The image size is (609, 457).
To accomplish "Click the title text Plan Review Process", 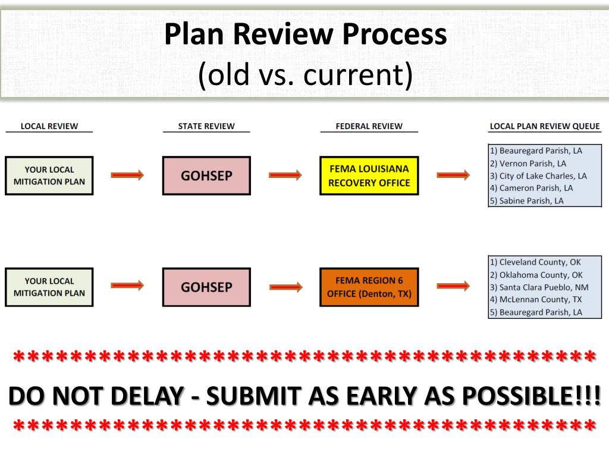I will click(305, 35).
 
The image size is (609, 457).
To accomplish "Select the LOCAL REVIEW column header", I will click(49, 126).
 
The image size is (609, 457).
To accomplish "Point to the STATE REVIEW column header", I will click(206, 126).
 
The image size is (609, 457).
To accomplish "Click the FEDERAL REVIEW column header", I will click(369, 126).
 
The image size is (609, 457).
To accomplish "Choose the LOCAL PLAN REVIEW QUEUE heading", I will click(545, 126).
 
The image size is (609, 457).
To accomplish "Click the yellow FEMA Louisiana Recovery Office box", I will click(369, 176).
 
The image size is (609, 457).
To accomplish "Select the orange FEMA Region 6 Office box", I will click(369, 287).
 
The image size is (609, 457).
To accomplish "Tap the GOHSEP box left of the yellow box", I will click(206, 176).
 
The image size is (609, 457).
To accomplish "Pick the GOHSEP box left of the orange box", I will click(206, 287).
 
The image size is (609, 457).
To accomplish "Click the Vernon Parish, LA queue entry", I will click(528, 163).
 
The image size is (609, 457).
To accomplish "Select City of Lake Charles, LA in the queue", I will click(538, 176).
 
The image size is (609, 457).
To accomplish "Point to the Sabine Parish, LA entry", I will click(526, 201).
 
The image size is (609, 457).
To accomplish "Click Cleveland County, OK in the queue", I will click(535, 262).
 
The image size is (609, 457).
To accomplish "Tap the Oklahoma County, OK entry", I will click(536, 275).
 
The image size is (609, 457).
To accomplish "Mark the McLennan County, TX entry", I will click(535, 299).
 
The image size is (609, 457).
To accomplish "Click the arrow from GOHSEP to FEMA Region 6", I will click(285, 286).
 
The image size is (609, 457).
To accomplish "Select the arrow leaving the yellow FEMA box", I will click(453, 174).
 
